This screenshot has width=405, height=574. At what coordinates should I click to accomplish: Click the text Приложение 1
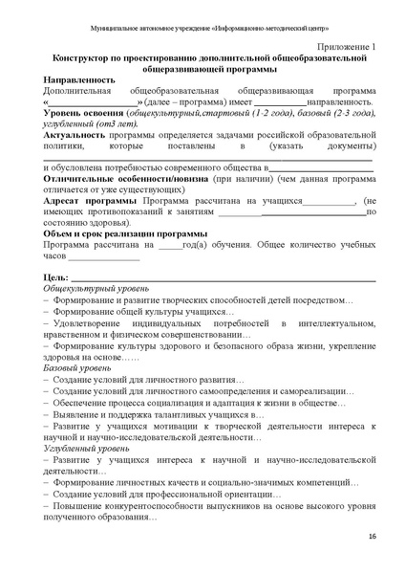[345, 46]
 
